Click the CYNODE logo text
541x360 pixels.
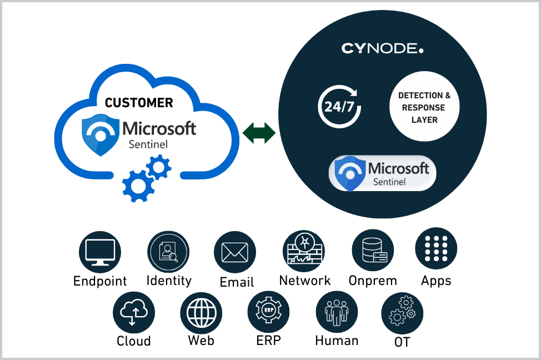(382, 49)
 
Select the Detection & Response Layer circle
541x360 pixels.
(425, 107)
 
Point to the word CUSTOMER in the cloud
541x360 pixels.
(139, 103)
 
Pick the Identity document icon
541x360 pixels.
(168, 252)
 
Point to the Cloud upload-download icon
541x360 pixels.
(133, 312)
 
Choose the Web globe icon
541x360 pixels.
(201, 313)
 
